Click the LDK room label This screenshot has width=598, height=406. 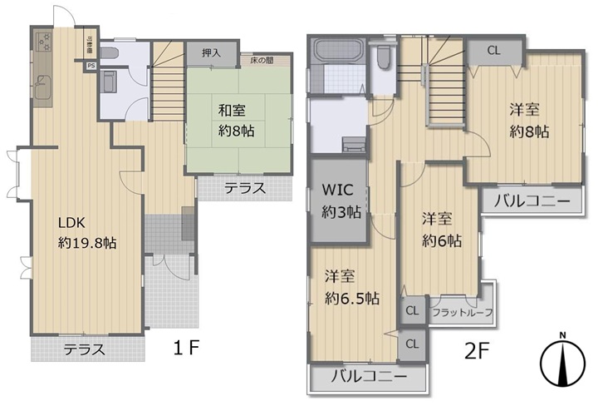click(72, 223)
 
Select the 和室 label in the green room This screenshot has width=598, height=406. click(233, 108)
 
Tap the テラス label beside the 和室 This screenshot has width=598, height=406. click(244, 189)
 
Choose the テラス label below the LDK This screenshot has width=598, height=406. click(85, 350)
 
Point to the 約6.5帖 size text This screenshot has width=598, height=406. click(352, 298)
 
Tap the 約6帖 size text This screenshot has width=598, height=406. click(440, 241)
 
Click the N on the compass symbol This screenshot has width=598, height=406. click(562, 336)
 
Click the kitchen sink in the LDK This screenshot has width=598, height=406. click(43, 84)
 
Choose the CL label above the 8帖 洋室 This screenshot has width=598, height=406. click(493, 50)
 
